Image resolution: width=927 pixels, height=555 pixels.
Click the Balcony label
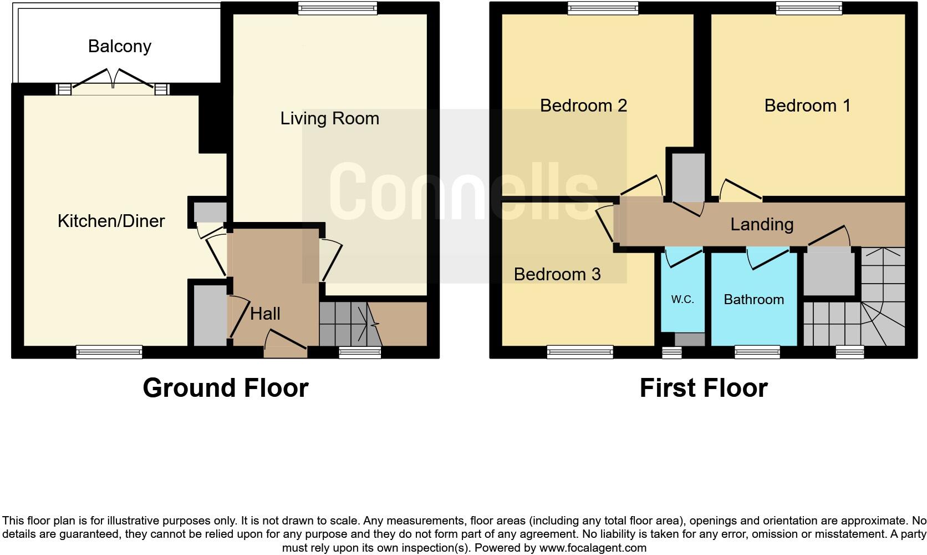tap(120, 46)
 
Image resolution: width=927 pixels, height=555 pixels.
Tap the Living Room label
tap(329, 118)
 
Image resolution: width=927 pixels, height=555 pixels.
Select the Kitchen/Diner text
tap(111, 221)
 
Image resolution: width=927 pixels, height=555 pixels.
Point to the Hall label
tap(265, 314)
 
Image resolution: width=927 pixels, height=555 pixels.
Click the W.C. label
tap(682, 300)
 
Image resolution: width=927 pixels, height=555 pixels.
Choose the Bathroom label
tap(753, 300)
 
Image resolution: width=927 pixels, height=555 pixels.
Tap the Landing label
tap(762, 224)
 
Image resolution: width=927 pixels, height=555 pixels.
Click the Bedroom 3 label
tap(557, 274)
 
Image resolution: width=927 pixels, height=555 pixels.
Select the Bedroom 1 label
tap(807, 105)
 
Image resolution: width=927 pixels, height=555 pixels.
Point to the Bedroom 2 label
tap(583, 105)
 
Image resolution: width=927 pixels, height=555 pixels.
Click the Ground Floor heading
tap(225, 388)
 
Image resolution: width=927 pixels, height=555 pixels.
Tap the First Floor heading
tap(703, 388)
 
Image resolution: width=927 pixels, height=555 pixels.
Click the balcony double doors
tap(113, 81)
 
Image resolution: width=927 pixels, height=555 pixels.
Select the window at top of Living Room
tap(338, 8)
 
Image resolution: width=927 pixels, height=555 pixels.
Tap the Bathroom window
tap(757, 351)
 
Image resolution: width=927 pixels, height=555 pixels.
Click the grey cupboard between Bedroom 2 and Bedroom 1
tap(688, 177)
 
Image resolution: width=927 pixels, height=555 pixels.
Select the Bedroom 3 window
tap(580, 351)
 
